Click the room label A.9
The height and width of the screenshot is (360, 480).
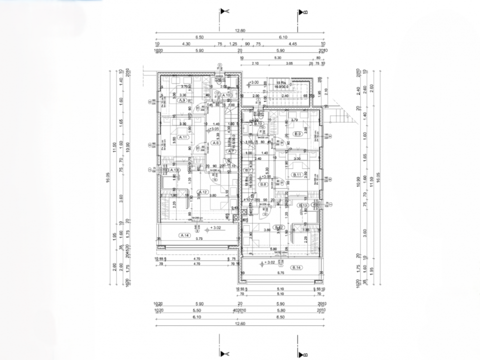pyautogui.click(x=182, y=101)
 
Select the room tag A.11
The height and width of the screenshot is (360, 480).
pyautogui.click(x=183, y=137)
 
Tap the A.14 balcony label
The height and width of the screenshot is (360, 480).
pyautogui.click(x=184, y=234)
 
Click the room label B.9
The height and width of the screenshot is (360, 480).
pyautogui.click(x=298, y=133)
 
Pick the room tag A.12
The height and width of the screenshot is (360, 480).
pyautogui.click(x=202, y=192)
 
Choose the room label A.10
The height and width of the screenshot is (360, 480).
pyautogui.click(x=225, y=95)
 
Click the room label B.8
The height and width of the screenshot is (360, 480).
pyautogui.click(x=263, y=184)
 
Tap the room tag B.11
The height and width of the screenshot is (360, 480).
pyautogui.click(x=297, y=174)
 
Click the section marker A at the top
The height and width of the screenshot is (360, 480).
pyautogui.click(x=227, y=10)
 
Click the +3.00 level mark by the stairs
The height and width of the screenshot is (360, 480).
pyautogui.click(x=254, y=82)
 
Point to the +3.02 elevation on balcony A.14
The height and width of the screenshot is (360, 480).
pyautogui.click(x=216, y=227)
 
